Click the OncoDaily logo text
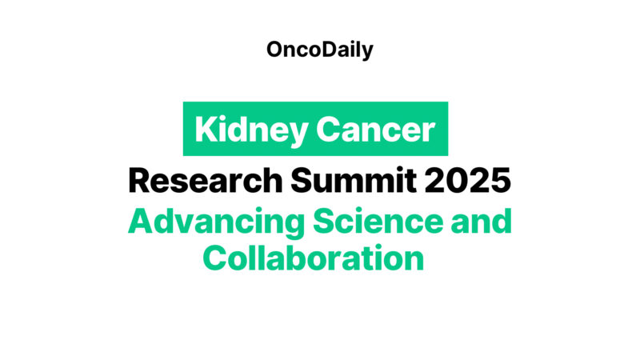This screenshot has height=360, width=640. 320,50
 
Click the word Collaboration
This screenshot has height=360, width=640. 313,258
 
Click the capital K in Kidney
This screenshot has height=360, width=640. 204,129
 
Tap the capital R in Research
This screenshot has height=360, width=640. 140,181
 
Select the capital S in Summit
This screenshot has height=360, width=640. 302,181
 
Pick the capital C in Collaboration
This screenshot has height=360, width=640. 214,258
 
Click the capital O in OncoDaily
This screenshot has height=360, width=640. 276,50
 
